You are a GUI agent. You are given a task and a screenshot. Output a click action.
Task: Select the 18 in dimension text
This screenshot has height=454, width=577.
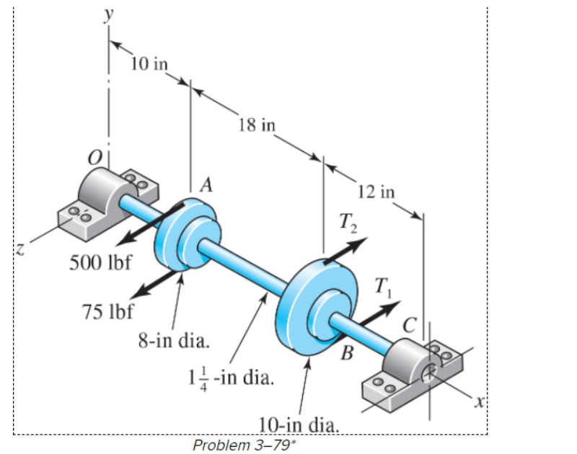point(256,124)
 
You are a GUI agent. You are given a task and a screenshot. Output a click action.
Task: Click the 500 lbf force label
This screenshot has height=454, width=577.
point(100,262)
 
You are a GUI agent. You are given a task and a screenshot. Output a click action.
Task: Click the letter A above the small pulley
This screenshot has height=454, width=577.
point(207,185)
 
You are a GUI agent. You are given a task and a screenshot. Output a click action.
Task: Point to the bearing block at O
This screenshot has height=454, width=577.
point(97,202)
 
